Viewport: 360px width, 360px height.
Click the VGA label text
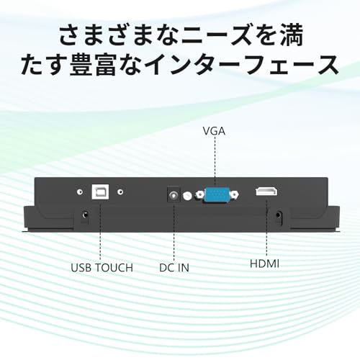(x=214, y=131)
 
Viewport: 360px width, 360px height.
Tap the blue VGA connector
(x=216, y=195)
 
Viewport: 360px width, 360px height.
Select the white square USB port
(x=100, y=192)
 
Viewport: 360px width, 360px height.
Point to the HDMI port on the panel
(x=266, y=192)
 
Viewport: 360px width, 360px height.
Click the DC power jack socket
(x=174, y=194)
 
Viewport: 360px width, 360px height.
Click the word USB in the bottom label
(x=81, y=268)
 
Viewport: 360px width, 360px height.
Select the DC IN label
(x=174, y=268)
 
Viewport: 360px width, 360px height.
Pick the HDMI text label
(x=264, y=264)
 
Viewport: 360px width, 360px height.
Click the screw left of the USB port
(x=80, y=192)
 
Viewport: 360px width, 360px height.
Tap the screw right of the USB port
(x=120, y=192)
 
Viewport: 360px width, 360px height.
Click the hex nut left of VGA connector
(x=199, y=194)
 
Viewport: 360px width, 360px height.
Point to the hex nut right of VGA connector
(x=234, y=194)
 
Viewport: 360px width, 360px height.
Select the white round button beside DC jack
(x=187, y=196)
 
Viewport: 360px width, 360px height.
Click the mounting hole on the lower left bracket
(x=85, y=215)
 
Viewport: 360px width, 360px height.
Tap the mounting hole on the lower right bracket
(x=278, y=215)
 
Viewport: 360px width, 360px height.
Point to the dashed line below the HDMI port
(x=266, y=227)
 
